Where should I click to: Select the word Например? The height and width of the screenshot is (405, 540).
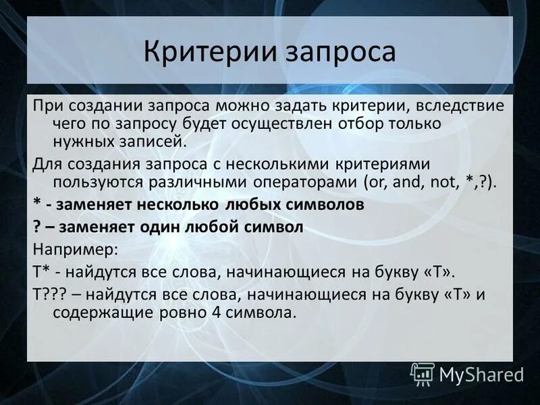75,248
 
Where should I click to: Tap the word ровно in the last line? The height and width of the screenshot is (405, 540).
195,313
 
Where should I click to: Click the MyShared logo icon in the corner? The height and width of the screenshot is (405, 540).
423,374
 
